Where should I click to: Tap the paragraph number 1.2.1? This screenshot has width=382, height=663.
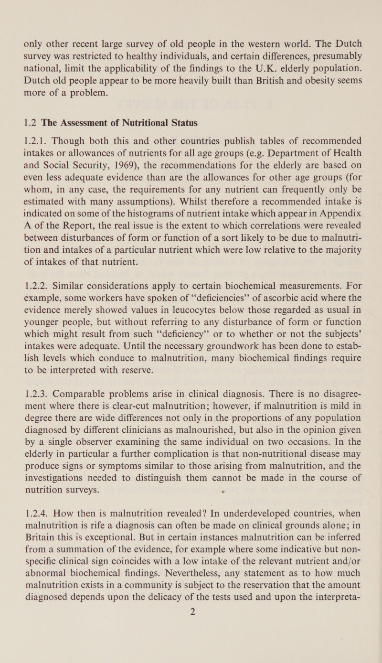click(x=35, y=140)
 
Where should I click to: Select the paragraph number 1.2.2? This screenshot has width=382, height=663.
click(x=35, y=291)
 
